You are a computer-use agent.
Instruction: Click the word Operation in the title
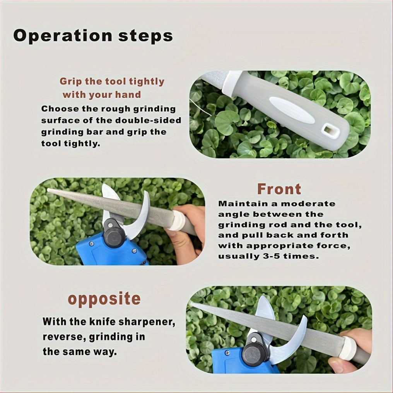point(63,36)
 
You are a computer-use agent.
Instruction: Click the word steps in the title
point(145,36)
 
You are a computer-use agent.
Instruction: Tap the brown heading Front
point(279,189)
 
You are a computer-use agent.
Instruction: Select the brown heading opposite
point(104,299)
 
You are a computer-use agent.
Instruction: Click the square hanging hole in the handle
point(328,130)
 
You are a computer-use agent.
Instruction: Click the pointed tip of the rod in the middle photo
point(48,190)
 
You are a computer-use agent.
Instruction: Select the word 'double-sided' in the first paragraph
point(148,121)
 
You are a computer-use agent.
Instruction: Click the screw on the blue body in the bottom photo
point(227,353)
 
